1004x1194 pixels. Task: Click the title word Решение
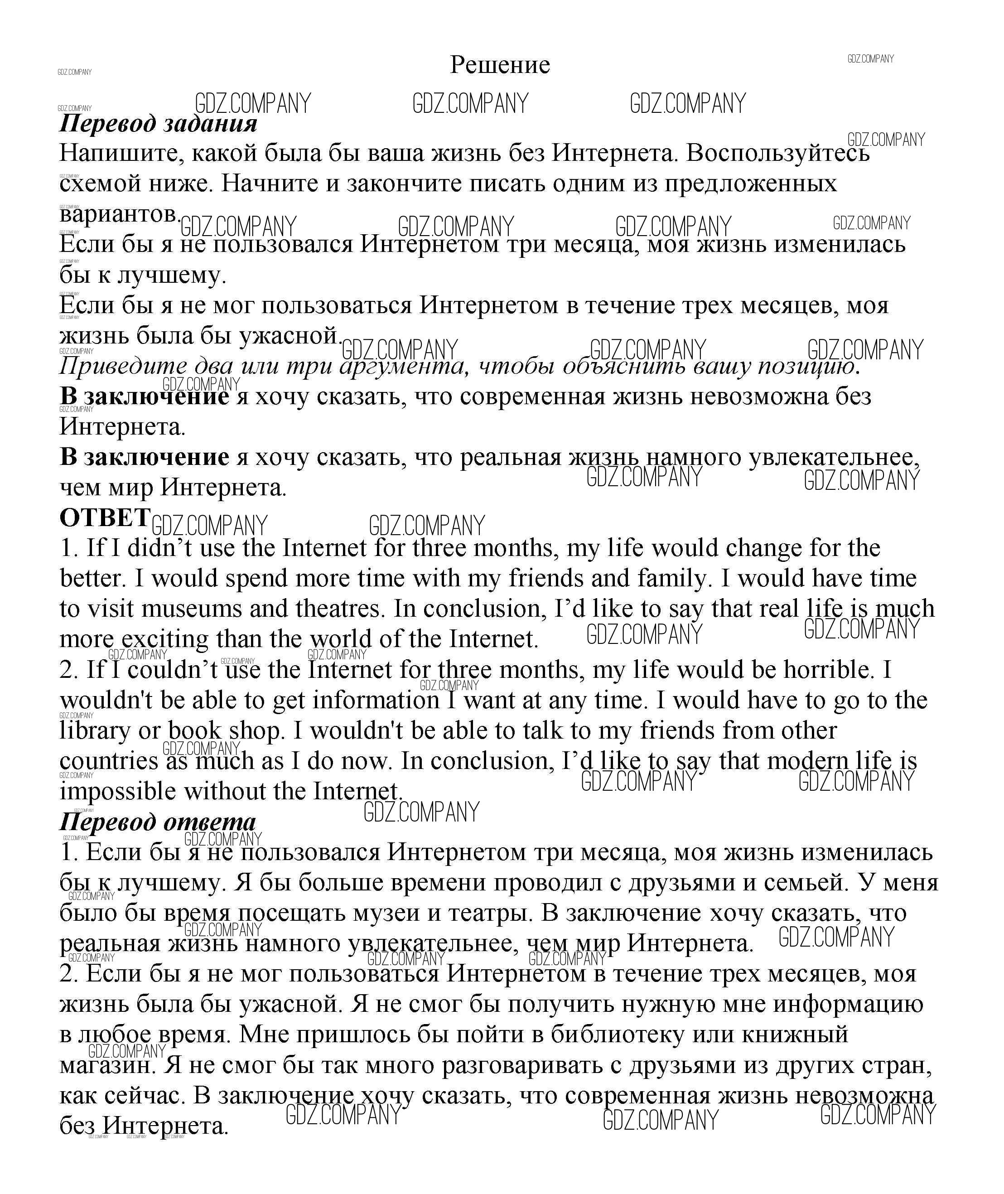[500, 65]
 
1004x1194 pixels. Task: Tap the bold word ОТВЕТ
[105, 517]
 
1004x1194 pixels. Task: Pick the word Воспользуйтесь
[778, 153]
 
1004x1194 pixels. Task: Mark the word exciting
[165, 639]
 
